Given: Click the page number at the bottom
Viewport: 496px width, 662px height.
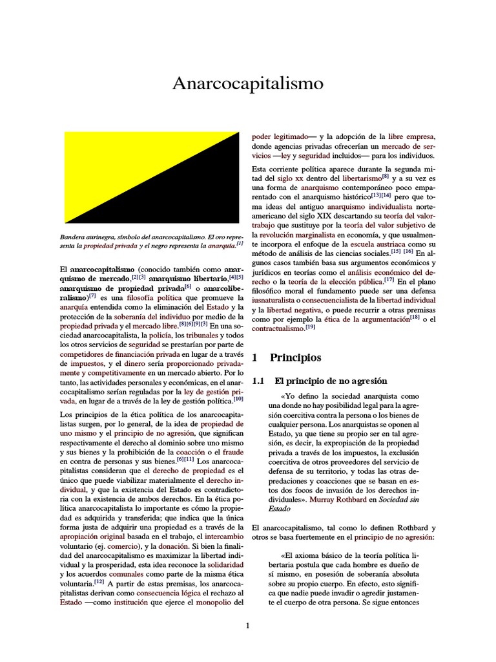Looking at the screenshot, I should point(248,625).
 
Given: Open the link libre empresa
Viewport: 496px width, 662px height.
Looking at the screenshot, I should point(411,136).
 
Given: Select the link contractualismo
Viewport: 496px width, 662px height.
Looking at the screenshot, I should point(278,329).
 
